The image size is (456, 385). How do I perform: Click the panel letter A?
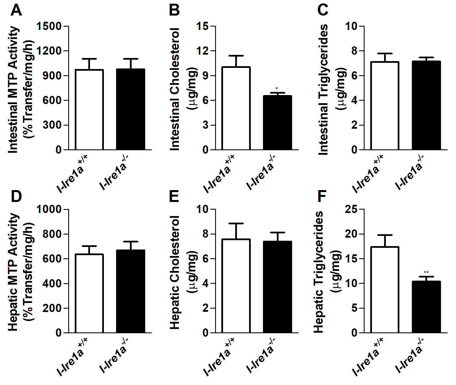point(16,10)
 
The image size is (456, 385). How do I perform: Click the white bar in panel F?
point(384,290)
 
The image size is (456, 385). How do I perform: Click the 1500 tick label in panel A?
point(49,26)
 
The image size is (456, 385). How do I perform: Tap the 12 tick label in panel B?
point(203,51)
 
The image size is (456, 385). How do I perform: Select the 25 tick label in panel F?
point(351,209)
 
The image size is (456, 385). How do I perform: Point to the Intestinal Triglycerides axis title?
point(323,89)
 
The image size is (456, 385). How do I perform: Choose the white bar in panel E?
point(236,286)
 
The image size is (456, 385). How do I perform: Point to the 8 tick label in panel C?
point(354,51)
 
